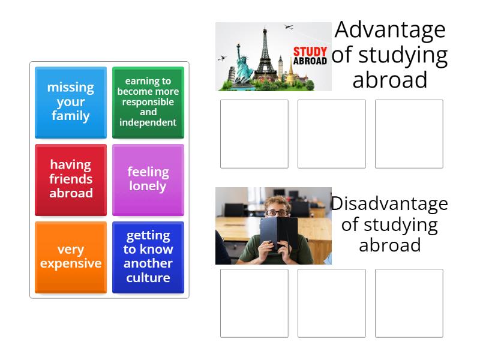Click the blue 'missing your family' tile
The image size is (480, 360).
point(71,102)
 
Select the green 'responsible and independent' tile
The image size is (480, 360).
point(148,102)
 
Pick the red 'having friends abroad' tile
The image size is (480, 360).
point(71,179)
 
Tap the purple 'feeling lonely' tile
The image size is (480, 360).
point(148,179)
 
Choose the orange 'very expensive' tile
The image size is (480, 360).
point(71,257)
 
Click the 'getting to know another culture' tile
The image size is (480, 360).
point(148,257)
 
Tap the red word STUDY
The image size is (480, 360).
point(310,52)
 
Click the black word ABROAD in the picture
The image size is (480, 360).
point(310,61)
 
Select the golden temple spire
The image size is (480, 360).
point(289,69)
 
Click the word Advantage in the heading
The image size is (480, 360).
point(390,30)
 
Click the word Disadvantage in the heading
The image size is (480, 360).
point(390,204)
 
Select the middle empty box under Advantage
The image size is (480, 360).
point(332,134)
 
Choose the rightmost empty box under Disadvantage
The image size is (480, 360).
point(409,303)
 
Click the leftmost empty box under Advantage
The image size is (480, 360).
point(254,134)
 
